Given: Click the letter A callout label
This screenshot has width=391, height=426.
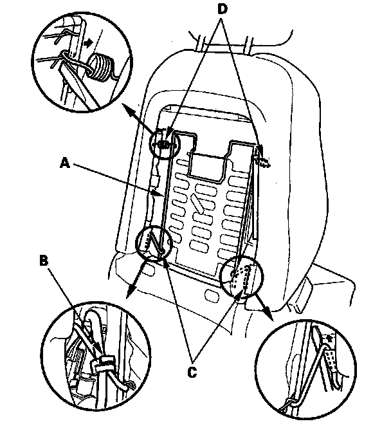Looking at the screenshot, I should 63,163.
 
